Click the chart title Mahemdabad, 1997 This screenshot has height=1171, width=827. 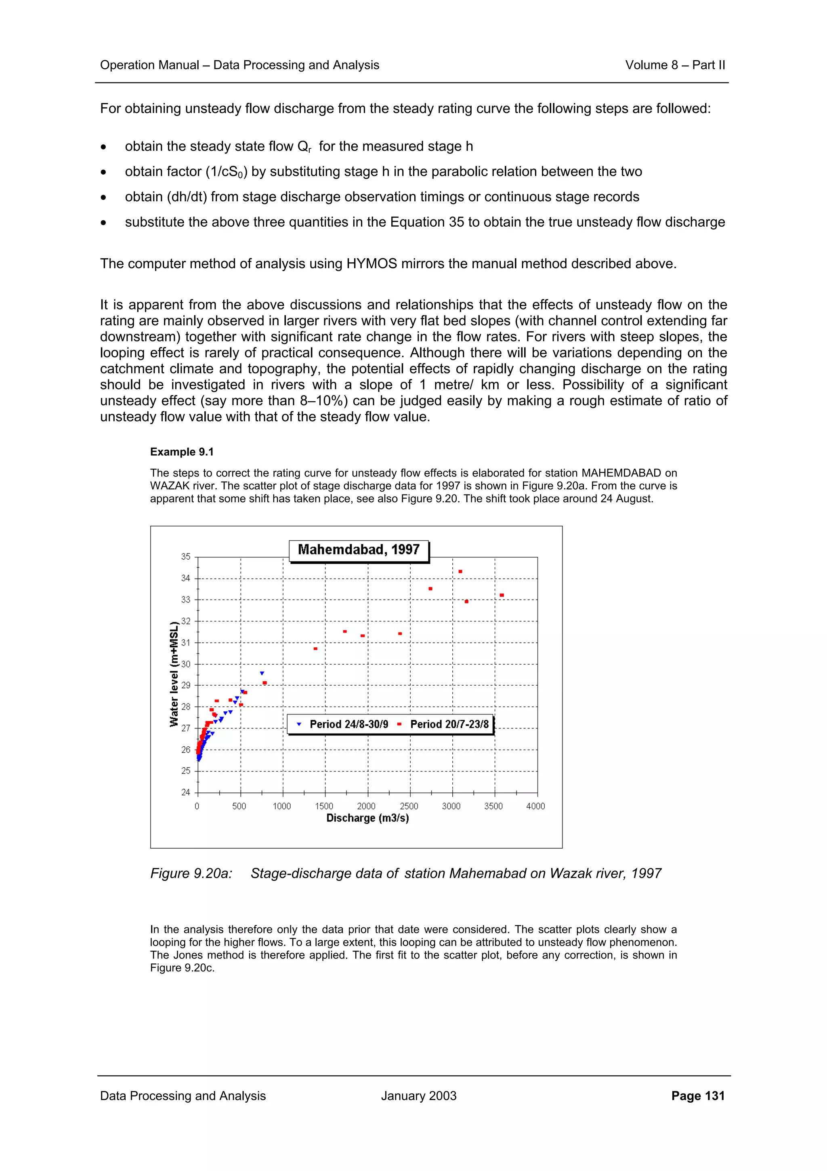pyautogui.click(x=358, y=550)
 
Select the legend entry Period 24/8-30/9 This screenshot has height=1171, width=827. pyautogui.click(x=348, y=724)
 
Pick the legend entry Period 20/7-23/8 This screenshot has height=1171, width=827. pyautogui.click(x=449, y=724)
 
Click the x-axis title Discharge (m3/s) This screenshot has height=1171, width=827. pyautogui.click(x=367, y=819)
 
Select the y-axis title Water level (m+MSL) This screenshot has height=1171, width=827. pyautogui.click(x=174, y=674)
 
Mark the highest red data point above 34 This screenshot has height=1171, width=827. pyautogui.click(x=460, y=572)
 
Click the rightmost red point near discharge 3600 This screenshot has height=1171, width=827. pyautogui.click(x=502, y=595)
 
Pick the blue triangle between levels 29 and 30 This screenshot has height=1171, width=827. pyautogui.click(x=262, y=674)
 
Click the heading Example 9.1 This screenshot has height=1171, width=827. pyautogui.click(x=182, y=452)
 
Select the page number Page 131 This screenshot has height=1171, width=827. pyautogui.click(x=697, y=1096)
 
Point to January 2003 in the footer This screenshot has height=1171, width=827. pyautogui.click(x=418, y=1096)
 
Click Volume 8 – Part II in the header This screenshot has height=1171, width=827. pyautogui.click(x=675, y=65)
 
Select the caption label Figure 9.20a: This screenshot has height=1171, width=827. pyautogui.click(x=191, y=874)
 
